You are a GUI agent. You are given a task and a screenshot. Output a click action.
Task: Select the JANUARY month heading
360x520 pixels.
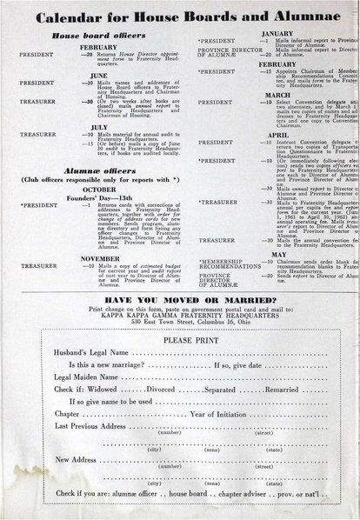277,32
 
